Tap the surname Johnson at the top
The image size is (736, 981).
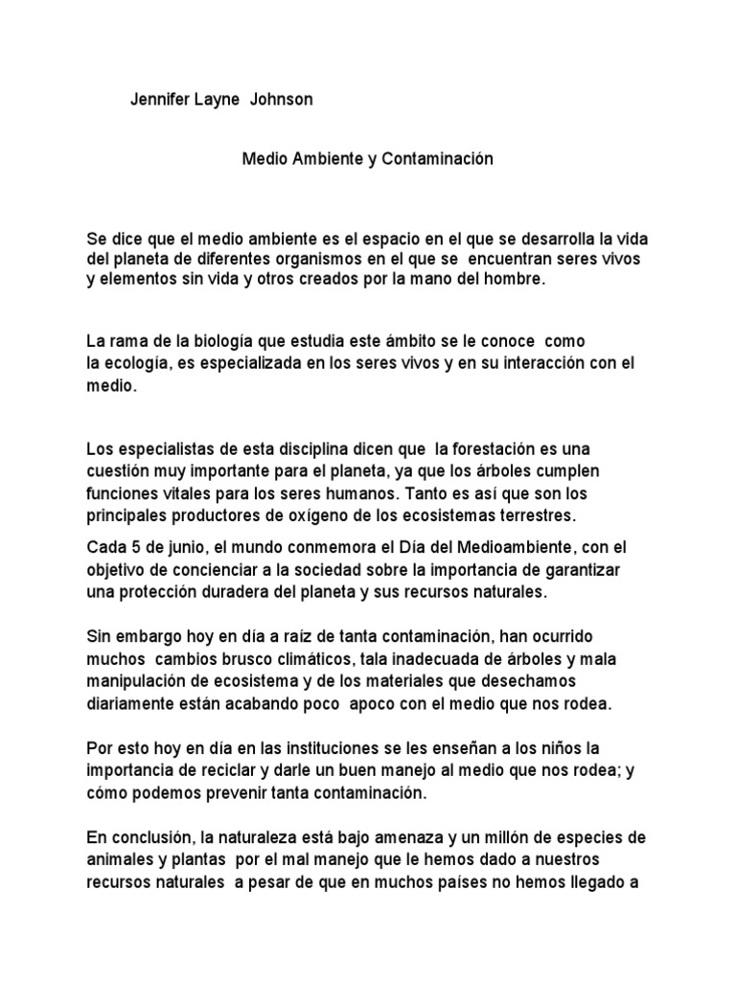point(282,100)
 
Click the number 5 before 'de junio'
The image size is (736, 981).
point(132,547)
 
